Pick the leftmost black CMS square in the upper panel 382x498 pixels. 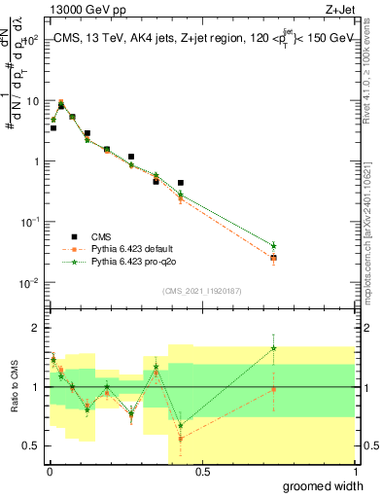pyautogui.click(x=53, y=127)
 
